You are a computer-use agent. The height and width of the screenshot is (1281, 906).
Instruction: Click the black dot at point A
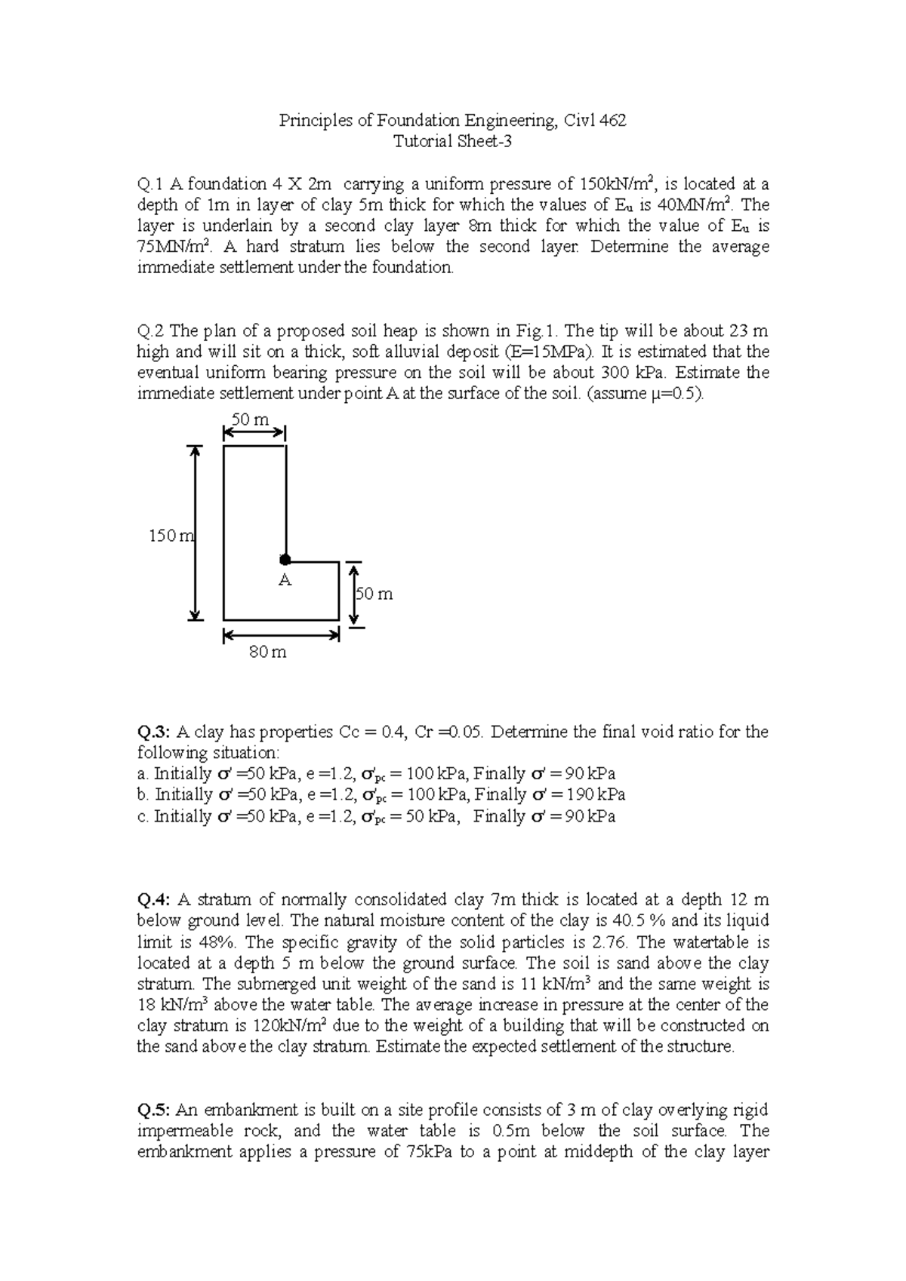(285, 560)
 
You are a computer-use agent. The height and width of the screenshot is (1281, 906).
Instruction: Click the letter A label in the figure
(284, 580)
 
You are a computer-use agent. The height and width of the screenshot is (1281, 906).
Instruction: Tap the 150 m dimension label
(171, 536)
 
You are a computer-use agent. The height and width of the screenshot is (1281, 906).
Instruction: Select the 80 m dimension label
(268, 652)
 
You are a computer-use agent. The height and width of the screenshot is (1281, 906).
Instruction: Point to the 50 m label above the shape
(250, 419)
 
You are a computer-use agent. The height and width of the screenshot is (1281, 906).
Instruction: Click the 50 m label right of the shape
(374, 594)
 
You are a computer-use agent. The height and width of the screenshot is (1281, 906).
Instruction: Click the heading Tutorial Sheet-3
(452, 141)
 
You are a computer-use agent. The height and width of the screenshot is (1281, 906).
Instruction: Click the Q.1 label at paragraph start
(150, 184)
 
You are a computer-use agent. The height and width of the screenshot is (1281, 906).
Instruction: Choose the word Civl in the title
(580, 121)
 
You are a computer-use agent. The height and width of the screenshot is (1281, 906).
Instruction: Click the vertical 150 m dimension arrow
(196, 533)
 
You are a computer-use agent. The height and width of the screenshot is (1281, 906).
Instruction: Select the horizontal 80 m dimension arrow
(281, 636)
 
